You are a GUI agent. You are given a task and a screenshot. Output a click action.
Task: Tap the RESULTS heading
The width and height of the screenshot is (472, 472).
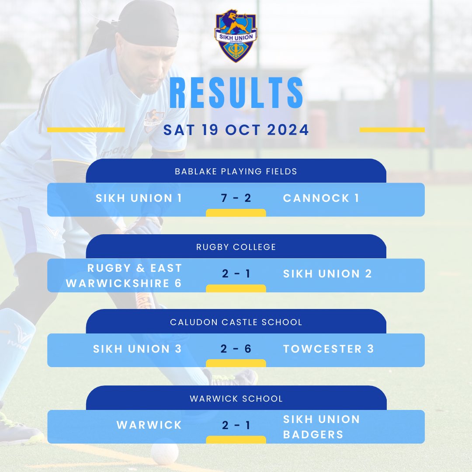pyautogui.click(x=236, y=93)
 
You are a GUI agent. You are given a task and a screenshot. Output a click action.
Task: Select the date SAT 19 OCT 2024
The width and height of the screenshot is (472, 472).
pyautogui.click(x=236, y=130)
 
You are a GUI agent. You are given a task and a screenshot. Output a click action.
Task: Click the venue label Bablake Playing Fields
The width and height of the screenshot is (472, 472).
pyautogui.click(x=236, y=171)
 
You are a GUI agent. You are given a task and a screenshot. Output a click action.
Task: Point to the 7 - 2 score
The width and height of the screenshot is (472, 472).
pyautogui.click(x=236, y=198)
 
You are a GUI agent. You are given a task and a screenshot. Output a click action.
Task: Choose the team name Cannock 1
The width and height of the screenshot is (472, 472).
pyautogui.click(x=321, y=198)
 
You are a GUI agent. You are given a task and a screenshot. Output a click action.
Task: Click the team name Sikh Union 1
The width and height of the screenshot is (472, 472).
pyautogui.click(x=139, y=198)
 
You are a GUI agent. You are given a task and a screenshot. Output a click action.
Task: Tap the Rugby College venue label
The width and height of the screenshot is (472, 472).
pyautogui.click(x=236, y=247)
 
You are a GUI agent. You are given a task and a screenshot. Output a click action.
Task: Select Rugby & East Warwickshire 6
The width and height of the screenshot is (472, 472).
pyautogui.click(x=124, y=275)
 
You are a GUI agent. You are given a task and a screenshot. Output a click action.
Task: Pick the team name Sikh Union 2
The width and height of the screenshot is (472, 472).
pyautogui.click(x=327, y=274)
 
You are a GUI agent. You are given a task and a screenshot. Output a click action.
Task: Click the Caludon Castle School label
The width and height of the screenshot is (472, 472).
pyautogui.click(x=236, y=322)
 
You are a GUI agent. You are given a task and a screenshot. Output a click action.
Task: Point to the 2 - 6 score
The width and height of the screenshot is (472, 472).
pyautogui.click(x=236, y=349)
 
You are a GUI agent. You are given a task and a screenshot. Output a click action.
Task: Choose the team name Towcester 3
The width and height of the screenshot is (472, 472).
pyautogui.click(x=328, y=349)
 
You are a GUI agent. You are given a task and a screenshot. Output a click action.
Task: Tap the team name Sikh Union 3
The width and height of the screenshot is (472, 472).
pyautogui.click(x=137, y=349)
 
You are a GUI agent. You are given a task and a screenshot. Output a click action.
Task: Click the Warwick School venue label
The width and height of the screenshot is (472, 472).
pyautogui.click(x=236, y=399)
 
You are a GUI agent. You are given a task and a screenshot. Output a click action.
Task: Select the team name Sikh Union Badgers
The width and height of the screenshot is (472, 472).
pyautogui.click(x=321, y=427)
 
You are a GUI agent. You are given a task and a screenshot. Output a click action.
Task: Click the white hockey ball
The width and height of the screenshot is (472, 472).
pyautogui.click(x=164, y=452)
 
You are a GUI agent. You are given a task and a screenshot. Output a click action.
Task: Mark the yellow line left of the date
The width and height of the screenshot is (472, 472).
pyautogui.click(x=86, y=130)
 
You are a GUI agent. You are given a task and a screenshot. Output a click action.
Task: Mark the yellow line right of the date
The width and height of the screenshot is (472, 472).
pyautogui.click(x=392, y=130)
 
